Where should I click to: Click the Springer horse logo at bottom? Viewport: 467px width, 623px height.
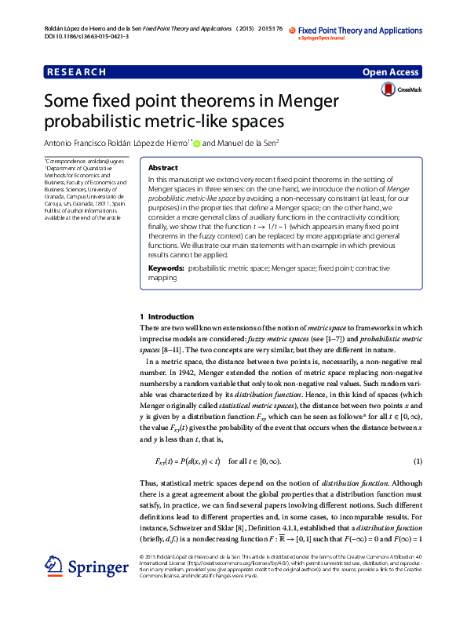click(x=54, y=566)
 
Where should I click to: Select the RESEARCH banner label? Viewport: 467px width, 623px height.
click(x=76, y=72)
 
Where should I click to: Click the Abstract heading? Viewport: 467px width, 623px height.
click(x=162, y=168)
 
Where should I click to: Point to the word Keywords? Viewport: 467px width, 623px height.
click(x=166, y=268)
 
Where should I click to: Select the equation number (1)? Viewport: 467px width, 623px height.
click(x=418, y=460)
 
